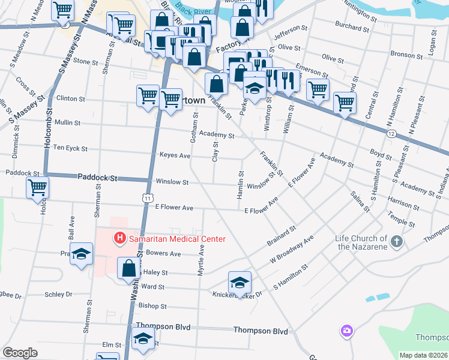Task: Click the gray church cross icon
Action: click(396, 242)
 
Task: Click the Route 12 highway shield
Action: click(391, 133)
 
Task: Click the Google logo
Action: click(20, 353)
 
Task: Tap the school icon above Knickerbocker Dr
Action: click(240, 282)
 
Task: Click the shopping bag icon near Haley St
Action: click(129, 268)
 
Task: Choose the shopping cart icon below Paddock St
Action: click(37, 188)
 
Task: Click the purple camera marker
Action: click(346, 331)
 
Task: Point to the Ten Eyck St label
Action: click(70, 148)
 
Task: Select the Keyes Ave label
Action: click(175, 155)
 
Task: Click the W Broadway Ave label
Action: click(292, 249)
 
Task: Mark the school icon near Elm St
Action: click(143, 340)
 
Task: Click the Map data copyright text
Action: click(424, 355)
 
